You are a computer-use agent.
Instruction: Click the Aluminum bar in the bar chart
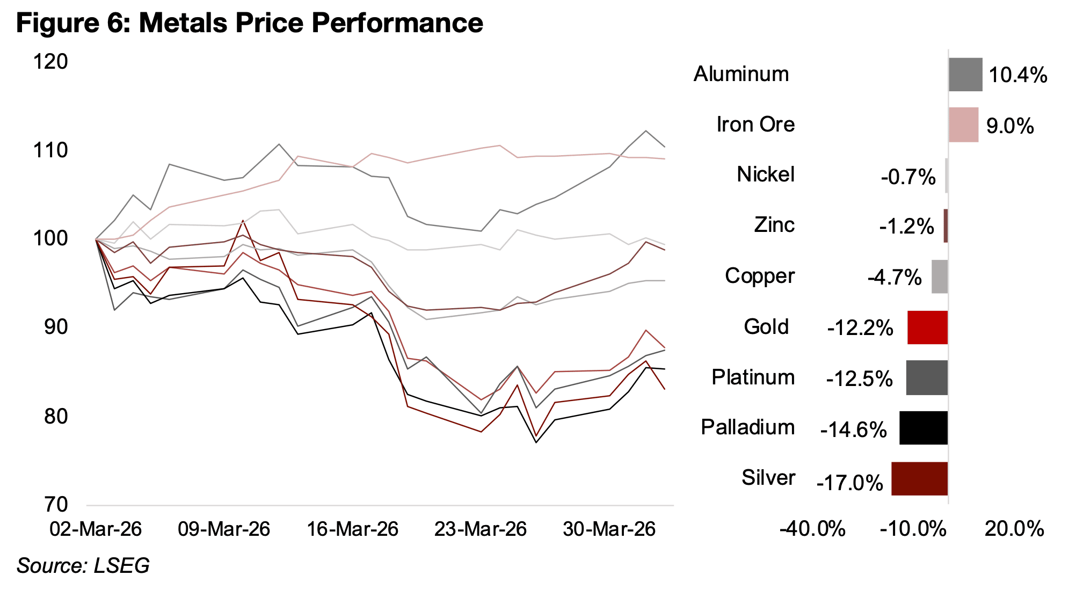(965, 75)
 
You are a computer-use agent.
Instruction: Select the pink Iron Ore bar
(963, 125)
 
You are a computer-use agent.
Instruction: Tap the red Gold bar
(927, 327)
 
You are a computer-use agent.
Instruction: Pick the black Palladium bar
(923, 428)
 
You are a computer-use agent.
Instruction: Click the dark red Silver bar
(919, 478)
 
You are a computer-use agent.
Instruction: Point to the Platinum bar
(927, 378)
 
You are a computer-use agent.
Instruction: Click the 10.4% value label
(1017, 75)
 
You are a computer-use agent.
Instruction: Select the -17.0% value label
(849, 483)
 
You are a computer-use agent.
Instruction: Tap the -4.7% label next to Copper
(895, 278)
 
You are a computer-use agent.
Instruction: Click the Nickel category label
(765, 174)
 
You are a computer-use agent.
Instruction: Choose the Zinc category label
(774, 225)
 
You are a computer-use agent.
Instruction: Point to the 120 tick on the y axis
(50, 62)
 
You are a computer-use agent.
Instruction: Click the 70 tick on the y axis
(56, 505)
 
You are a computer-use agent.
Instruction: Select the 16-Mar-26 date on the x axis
(352, 529)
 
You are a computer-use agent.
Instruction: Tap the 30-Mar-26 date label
(609, 529)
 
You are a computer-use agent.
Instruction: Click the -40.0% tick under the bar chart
(812, 529)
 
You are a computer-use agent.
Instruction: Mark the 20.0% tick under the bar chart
(1014, 529)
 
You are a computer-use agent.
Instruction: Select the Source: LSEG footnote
(83, 566)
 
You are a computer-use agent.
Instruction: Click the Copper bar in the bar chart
(939, 276)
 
